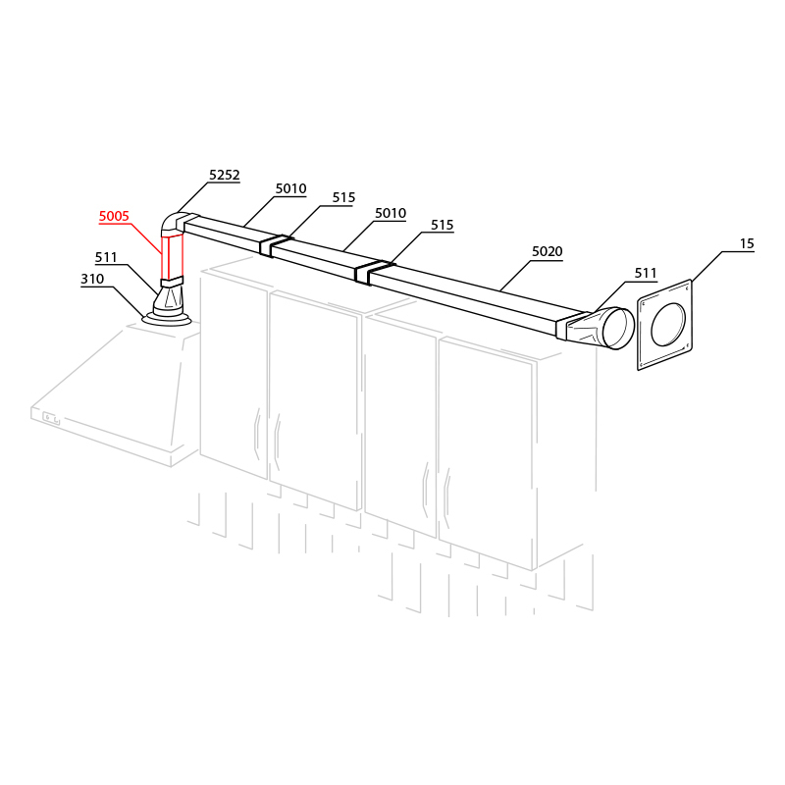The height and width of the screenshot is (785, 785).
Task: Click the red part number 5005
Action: pyautogui.click(x=114, y=216)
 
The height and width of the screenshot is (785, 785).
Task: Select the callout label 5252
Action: pyautogui.click(x=225, y=175)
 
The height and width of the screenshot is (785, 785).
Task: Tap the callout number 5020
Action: pyautogui.click(x=548, y=251)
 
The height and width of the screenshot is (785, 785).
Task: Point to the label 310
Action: pyautogui.click(x=92, y=279)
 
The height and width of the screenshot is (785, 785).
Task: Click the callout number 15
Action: pyautogui.click(x=747, y=243)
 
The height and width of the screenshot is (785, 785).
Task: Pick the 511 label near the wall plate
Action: pyautogui.click(x=646, y=274)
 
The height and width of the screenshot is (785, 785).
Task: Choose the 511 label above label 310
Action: pyautogui.click(x=106, y=257)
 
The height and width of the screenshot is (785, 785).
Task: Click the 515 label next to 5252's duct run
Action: pyautogui.click(x=344, y=198)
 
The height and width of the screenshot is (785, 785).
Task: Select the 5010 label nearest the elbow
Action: pyautogui.click(x=290, y=188)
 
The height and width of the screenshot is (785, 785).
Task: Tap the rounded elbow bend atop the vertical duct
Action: pyautogui.click(x=174, y=223)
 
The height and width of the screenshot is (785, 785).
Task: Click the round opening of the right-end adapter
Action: pyautogui.click(x=619, y=329)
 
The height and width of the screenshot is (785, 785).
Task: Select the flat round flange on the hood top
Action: pyautogui.click(x=167, y=319)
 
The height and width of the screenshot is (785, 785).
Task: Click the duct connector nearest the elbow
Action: pyautogui.click(x=273, y=246)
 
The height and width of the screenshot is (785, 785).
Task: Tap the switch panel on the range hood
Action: pyautogui.click(x=51, y=418)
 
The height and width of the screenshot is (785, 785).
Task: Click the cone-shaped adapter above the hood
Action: pyautogui.click(x=168, y=300)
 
